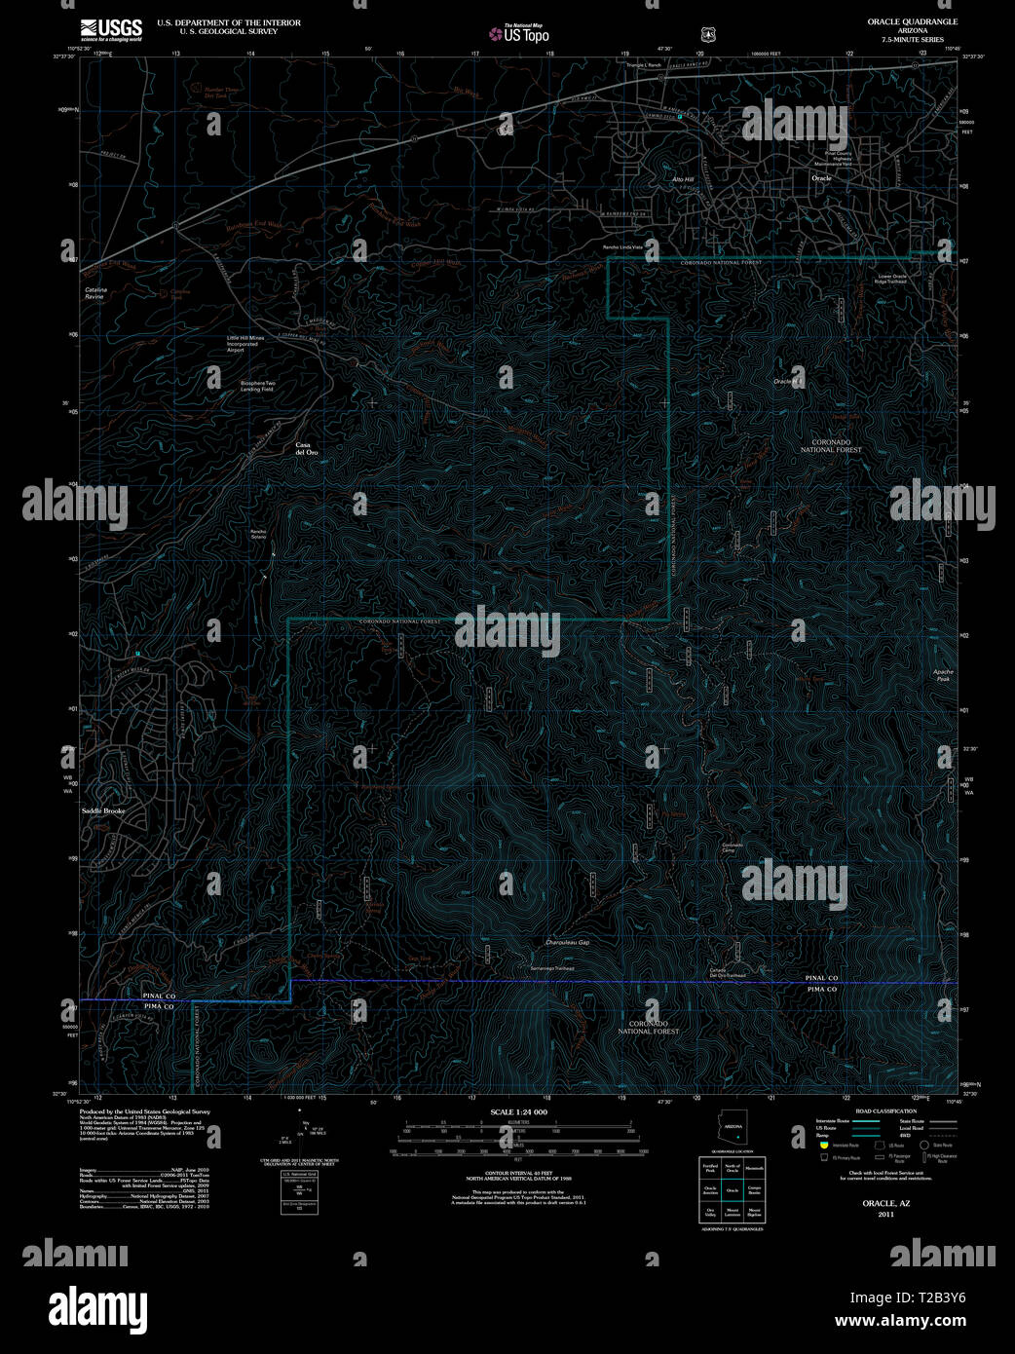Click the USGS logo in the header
click(111, 29)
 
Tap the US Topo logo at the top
click(519, 34)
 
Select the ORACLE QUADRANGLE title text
click(912, 21)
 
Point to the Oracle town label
click(821, 178)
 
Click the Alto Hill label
click(683, 180)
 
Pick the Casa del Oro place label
click(307, 449)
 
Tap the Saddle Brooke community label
click(103, 810)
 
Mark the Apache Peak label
click(942, 675)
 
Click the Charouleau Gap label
click(568, 943)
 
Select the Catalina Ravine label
click(95, 293)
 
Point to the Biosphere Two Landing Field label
click(257, 386)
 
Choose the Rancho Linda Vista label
click(622, 247)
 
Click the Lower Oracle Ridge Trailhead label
click(892, 279)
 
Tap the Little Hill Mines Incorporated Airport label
click(245, 344)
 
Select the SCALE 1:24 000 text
click(518, 1112)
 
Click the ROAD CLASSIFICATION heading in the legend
click(885, 1111)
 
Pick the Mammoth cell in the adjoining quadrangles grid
click(754, 1167)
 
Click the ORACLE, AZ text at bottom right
click(885, 1204)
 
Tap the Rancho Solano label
click(257, 534)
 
